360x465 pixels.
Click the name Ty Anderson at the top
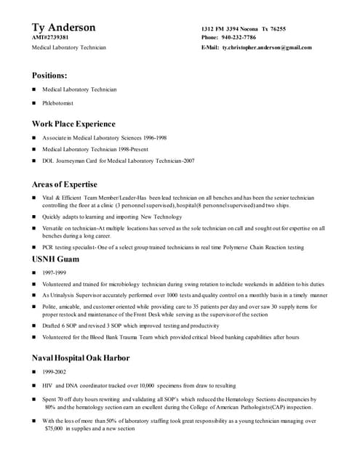pos(63,28)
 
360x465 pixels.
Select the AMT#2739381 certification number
pos(50,37)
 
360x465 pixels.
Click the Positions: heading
pos(49,75)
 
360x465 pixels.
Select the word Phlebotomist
pos(57,103)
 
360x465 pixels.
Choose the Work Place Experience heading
pos(73,124)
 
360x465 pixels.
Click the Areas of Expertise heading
pos(64,185)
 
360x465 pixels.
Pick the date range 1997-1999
pos(54,272)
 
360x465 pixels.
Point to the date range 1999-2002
pos(54,371)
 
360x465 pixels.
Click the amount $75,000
pos(53,429)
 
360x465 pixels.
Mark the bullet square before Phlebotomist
pos(34,103)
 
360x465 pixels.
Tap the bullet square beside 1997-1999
pos(34,272)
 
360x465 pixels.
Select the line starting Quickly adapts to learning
pos(112,217)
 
